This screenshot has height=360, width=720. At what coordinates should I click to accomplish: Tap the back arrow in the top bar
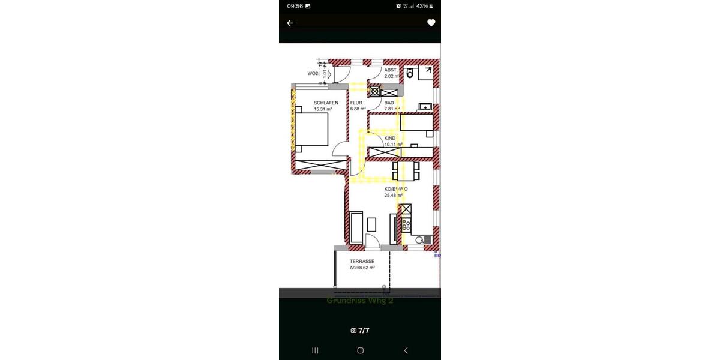pos(290,23)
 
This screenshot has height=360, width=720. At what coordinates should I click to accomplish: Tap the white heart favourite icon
pos(431,23)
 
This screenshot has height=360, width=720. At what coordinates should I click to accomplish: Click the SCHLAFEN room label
pos(326,103)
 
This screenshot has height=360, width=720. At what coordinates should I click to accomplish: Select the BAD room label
pos(389,103)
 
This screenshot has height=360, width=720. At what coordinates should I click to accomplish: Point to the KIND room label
pos(390,138)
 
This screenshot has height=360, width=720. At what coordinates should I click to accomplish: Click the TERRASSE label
pos(362,262)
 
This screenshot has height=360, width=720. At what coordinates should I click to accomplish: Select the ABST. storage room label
pos(391,70)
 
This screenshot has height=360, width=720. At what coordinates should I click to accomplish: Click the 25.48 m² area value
pos(394,195)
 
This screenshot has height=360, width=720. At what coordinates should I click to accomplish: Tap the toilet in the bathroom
pos(410,73)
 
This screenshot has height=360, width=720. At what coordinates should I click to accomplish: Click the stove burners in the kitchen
pos(406,226)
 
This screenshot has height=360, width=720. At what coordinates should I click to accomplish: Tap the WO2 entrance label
pos(313,74)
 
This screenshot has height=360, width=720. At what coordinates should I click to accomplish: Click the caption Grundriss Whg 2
pos(360,300)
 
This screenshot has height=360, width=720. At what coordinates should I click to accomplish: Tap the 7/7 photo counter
pos(360,330)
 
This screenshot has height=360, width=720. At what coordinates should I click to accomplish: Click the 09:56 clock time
pos(295,6)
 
